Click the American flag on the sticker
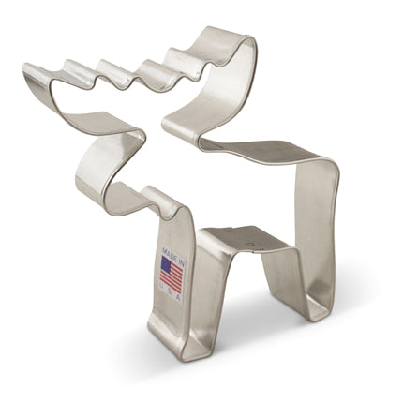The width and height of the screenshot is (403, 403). (172, 275)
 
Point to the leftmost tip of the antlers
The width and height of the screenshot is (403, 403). (28, 69)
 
